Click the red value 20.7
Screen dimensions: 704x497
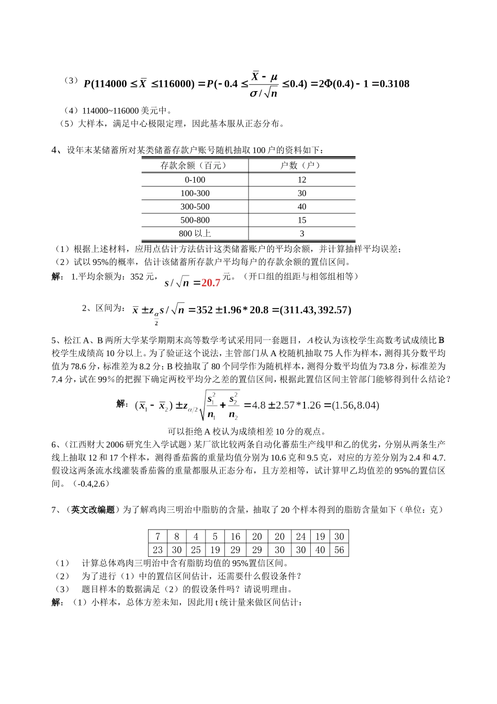pyautogui.click(x=211, y=283)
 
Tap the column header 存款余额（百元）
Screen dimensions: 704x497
pyautogui.click(x=195, y=166)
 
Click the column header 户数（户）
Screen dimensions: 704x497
pyautogui.click(x=301, y=166)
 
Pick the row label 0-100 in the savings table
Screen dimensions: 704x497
pyautogui.click(x=195, y=180)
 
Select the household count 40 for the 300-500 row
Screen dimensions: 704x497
pyautogui.click(x=301, y=207)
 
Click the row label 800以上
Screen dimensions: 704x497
pyautogui.click(x=195, y=234)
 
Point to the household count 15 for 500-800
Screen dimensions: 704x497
pyautogui.click(x=301, y=221)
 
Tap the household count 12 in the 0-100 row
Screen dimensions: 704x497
pyautogui.click(x=301, y=180)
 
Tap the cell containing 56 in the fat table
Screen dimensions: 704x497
pyautogui.click(x=339, y=550)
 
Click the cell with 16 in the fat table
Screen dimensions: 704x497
pyautogui.click(x=235, y=537)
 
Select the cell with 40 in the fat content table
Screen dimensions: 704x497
pyautogui.click(x=320, y=550)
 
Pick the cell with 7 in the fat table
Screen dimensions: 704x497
pyautogui.click(x=157, y=537)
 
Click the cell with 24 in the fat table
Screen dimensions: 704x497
pyautogui.click(x=301, y=537)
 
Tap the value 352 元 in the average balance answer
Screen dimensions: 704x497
pyautogui.click(x=142, y=277)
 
